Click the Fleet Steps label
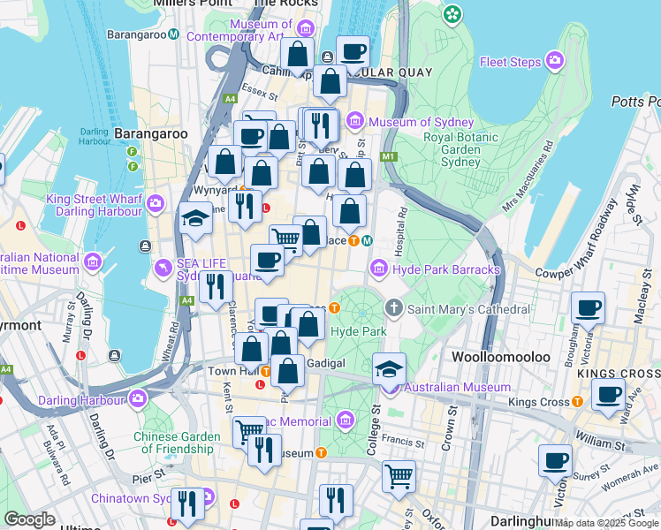(509, 62)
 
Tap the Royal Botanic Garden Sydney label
(463, 149)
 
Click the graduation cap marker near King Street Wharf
(194, 220)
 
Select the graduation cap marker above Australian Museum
(388, 367)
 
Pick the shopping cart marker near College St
(399, 475)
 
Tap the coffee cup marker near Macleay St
(588, 308)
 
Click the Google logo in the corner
(29, 519)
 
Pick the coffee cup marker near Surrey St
(555, 459)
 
